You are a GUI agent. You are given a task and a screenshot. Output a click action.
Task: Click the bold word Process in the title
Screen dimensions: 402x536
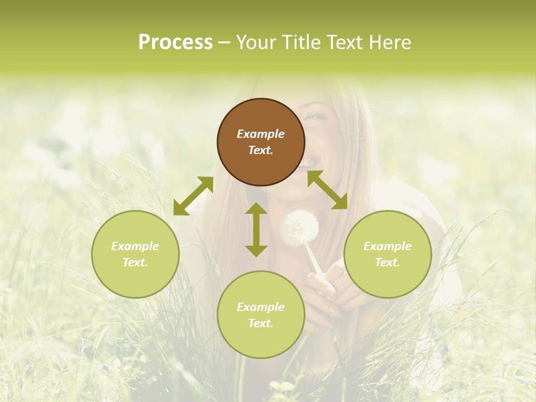175,42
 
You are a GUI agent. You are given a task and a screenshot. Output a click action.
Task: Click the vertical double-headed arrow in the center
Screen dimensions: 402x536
256,229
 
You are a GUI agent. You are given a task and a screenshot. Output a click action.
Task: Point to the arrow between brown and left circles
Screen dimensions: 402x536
193,196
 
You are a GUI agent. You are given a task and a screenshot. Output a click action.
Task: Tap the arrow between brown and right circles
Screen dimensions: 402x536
328,190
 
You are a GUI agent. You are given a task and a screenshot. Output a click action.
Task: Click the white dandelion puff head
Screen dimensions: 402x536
300,227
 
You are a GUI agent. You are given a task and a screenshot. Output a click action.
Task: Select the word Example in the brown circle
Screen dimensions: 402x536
261,134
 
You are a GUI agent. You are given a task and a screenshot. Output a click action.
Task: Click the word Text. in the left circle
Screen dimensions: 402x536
135,262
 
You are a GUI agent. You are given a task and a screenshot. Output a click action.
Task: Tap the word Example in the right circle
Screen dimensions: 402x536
387,246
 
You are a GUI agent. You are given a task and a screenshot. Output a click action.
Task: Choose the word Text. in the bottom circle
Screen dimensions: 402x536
261,323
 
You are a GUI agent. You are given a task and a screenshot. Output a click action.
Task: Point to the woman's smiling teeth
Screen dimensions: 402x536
310,163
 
